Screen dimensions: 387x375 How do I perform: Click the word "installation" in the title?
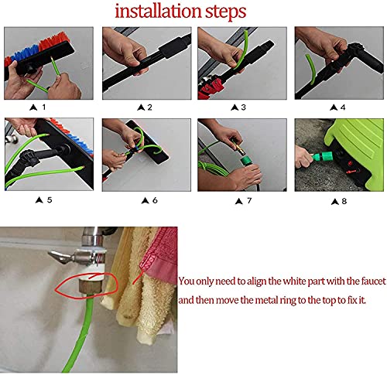[158, 11]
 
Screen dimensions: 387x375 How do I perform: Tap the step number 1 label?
[44, 107]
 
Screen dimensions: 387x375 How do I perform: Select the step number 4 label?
[343, 107]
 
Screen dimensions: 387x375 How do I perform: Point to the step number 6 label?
[155, 200]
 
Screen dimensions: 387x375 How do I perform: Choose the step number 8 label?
[344, 201]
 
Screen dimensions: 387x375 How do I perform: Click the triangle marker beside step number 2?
[141, 107]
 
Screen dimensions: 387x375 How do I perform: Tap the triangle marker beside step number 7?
[239, 201]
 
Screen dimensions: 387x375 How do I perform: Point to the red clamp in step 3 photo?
[212, 87]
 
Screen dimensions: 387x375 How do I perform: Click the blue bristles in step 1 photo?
[26, 53]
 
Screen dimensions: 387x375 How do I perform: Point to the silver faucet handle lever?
[60, 257]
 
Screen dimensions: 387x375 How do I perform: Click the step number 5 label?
[50, 199]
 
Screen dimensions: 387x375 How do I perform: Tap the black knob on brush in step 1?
[30, 67]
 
